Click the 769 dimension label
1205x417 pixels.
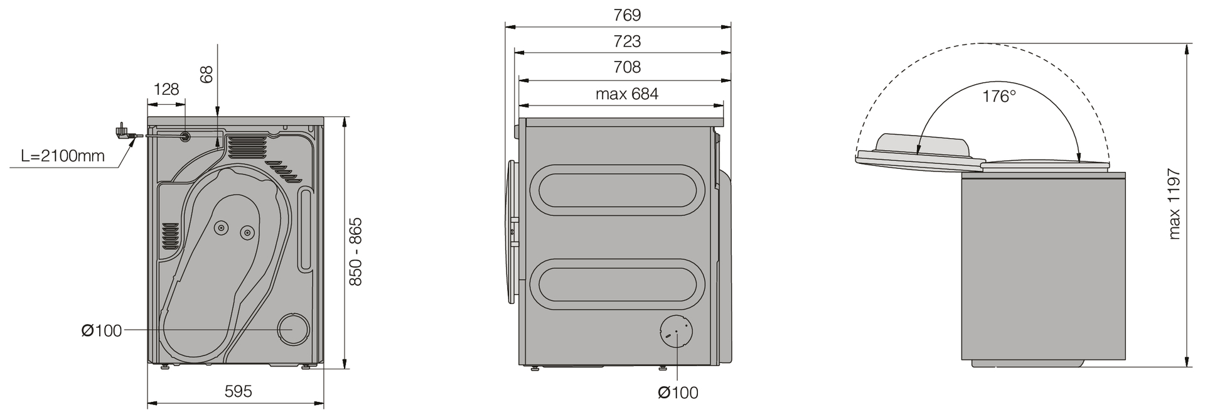click(627, 15)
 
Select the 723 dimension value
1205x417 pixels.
click(627, 41)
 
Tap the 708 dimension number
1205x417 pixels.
click(627, 67)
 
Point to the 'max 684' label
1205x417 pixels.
click(627, 94)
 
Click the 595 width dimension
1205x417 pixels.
click(238, 392)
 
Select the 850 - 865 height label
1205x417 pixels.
click(356, 252)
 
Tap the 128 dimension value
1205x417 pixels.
click(166, 89)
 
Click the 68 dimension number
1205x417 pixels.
click(206, 74)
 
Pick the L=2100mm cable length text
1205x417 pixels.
click(63, 156)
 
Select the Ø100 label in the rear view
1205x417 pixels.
click(102, 330)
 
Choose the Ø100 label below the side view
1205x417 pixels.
click(678, 393)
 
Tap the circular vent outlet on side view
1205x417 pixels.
click(676, 331)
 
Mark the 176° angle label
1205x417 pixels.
click(999, 97)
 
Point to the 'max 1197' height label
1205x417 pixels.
click(1175, 204)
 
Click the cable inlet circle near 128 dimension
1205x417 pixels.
click(186, 136)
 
